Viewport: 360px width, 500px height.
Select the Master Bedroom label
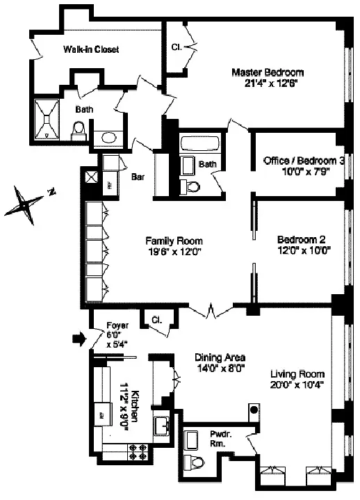[268, 72]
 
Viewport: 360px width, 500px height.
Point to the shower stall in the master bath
[49, 120]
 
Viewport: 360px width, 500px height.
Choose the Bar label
[138, 177]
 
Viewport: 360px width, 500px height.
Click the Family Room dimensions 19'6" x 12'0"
[169, 253]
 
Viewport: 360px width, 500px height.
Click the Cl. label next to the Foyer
[156, 321]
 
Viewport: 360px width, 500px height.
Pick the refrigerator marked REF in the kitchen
[102, 414]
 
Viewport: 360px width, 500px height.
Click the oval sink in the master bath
[108, 137]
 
